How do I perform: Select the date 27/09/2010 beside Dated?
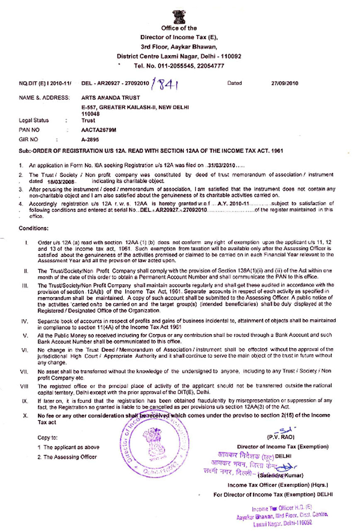[285, 83]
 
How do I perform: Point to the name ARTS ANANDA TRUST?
[105, 98]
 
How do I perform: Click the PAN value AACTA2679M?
[99, 130]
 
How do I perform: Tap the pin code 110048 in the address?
[91, 114]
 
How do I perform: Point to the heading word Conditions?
[34, 228]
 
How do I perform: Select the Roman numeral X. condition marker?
[26, 415]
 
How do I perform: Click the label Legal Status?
[34, 121]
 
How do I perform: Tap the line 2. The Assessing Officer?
[67, 457]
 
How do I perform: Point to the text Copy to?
[47, 437]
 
